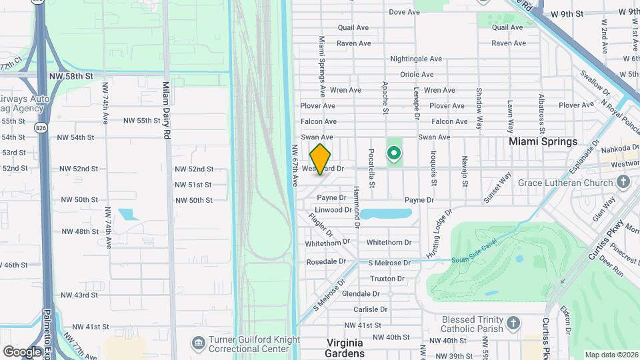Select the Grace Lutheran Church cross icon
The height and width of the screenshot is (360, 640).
pyautogui.click(x=623, y=182)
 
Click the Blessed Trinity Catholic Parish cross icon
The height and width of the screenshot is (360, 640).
pyautogui.click(x=513, y=323)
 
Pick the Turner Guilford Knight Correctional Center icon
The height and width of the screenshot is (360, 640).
pyautogui.click(x=199, y=343)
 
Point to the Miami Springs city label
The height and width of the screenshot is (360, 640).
pyautogui.click(x=543, y=141)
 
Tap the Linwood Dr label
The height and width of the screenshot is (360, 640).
pyautogui.click(x=333, y=209)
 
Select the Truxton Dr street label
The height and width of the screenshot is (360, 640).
pyautogui.click(x=387, y=279)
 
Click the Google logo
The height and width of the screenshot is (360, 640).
pyautogui.click(x=22, y=351)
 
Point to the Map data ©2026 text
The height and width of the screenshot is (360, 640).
pyautogui.click(x=611, y=355)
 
